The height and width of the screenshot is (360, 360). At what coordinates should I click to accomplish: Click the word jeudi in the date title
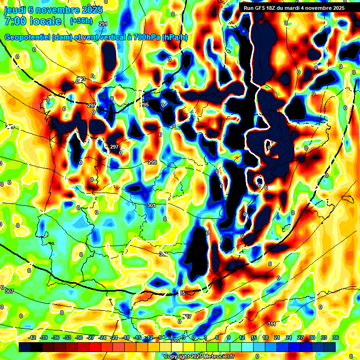click(15, 9)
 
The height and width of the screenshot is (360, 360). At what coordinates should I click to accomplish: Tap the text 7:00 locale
click(33, 21)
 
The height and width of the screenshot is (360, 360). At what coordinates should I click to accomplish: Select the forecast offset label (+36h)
click(81, 21)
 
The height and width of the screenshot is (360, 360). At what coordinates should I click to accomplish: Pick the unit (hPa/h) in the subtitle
click(174, 37)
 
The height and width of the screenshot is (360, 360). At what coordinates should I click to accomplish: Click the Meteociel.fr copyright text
click(198, 356)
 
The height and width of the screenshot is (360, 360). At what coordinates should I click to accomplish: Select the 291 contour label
click(103, 24)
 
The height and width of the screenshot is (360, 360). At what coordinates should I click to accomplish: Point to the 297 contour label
click(114, 147)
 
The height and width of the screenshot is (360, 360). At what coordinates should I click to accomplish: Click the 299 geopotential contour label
click(152, 162)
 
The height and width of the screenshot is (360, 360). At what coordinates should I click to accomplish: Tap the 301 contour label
click(150, 205)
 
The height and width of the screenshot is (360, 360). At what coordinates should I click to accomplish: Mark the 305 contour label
click(181, 293)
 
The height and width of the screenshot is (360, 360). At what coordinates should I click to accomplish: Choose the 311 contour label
click(271, 324)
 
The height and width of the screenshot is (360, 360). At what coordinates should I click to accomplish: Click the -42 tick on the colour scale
click(32, 337)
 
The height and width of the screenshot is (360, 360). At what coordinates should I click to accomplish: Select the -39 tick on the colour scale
click(44, 337)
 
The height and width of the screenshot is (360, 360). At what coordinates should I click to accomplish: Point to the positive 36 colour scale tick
click(335, 337)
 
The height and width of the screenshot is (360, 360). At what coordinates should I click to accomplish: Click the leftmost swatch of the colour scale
click(25, 347)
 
